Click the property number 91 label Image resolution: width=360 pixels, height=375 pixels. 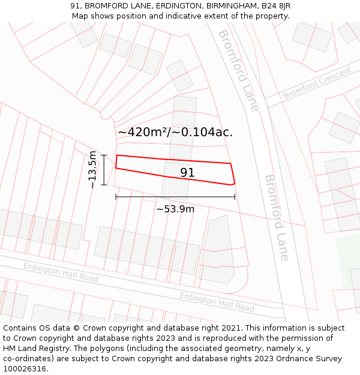coord(187,173)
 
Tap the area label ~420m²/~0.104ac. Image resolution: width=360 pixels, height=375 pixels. coord(175,132)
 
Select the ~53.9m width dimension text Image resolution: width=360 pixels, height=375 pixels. coord(175,209)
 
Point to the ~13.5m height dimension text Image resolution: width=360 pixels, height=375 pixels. coord(92,170)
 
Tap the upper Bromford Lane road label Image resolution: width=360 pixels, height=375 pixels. coord(238,70)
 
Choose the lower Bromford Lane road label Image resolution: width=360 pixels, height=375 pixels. coord(277,217)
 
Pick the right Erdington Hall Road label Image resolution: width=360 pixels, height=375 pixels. coord(217,302)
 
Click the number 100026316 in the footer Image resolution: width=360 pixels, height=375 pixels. coord(25,369)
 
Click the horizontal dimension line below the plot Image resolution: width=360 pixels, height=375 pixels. coord(175,196)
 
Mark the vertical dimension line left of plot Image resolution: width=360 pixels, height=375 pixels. coord(104,170)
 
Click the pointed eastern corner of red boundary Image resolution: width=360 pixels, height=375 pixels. coord(234,184)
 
